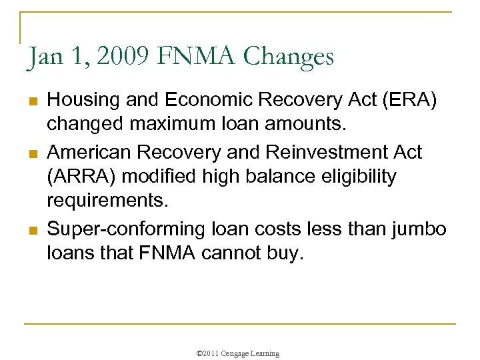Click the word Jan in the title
point(44,57)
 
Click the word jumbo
point(418,229)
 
